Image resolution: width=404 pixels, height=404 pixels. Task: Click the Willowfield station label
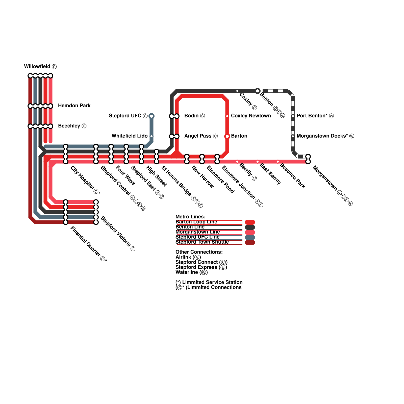[40, 67]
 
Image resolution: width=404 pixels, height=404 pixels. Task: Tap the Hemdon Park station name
[74, 106]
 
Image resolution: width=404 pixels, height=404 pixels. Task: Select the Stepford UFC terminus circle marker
[151, 116]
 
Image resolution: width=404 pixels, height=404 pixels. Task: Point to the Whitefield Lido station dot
[151, 136]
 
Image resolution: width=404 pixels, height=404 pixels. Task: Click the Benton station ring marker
[258, 91]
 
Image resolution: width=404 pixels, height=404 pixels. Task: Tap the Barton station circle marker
[227, 136]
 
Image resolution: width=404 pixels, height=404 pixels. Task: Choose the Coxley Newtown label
[251, 116]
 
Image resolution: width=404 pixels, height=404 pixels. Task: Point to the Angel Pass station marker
[174, 136]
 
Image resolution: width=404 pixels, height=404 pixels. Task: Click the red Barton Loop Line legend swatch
[250, 222]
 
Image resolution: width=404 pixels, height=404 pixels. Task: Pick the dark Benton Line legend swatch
[250, 227]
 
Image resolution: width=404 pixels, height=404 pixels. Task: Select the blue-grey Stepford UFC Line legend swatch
[250, 237]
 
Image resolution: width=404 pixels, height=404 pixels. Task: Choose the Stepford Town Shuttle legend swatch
[250, 242]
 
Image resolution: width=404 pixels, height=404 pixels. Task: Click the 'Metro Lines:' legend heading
[190, 217]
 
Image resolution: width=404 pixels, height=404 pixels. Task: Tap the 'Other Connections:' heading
[199, 252]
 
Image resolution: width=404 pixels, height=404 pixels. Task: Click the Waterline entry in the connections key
[191, 272]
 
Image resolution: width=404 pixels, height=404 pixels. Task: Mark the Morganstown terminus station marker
[308, 159]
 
